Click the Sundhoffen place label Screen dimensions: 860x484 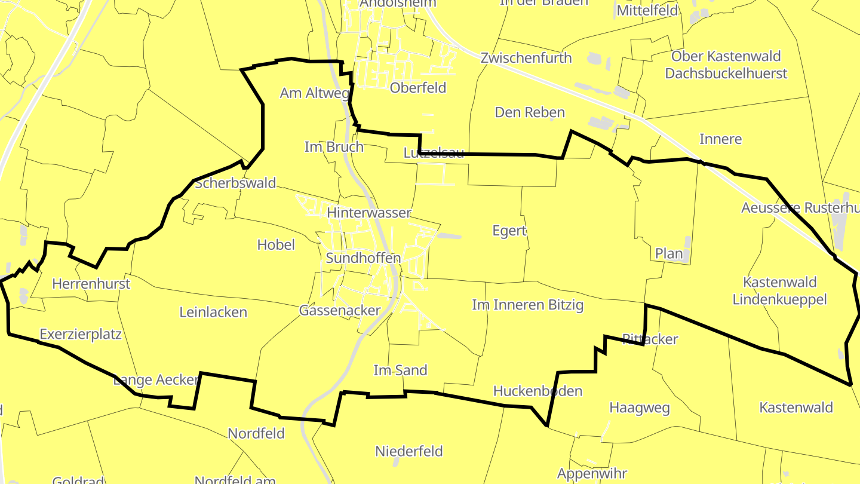[x=363, y=258]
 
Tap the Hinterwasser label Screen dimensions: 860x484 [x=369, y=213]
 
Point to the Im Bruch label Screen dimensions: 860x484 [x=334, y=147]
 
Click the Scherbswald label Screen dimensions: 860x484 [x=235, y=183]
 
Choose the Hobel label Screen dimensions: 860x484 [x=276, y=244]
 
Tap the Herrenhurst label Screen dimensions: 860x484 [x=91, y=283]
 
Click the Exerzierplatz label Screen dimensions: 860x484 [x=81, y=334]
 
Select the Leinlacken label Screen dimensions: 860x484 [x=213, y=312]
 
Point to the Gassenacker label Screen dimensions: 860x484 [x=340, y=311]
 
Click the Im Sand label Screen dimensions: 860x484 [x=400, y=370]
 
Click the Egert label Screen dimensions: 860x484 [x=509, y=231]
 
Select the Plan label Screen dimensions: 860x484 [x=669, y=253]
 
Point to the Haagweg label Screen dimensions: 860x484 [x=639, y=408]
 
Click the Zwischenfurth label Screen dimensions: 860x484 [x=526, y=58]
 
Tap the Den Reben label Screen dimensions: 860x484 [x=530, y=112]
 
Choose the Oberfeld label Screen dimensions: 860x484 [x=418, y=88]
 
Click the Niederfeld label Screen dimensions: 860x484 [x=409, y=451]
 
